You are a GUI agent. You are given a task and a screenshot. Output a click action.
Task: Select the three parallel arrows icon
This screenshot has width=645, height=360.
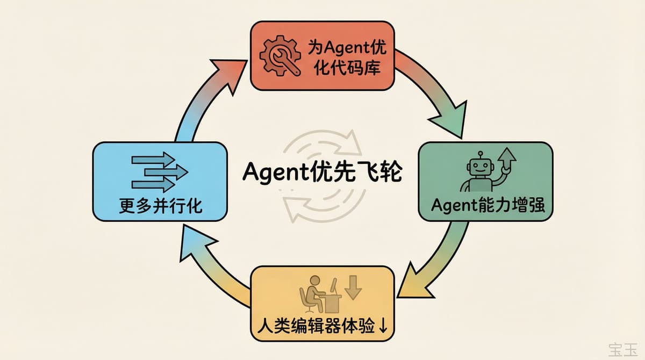coord(159,172)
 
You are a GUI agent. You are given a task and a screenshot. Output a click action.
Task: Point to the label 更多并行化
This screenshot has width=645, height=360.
coord(161,205)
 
